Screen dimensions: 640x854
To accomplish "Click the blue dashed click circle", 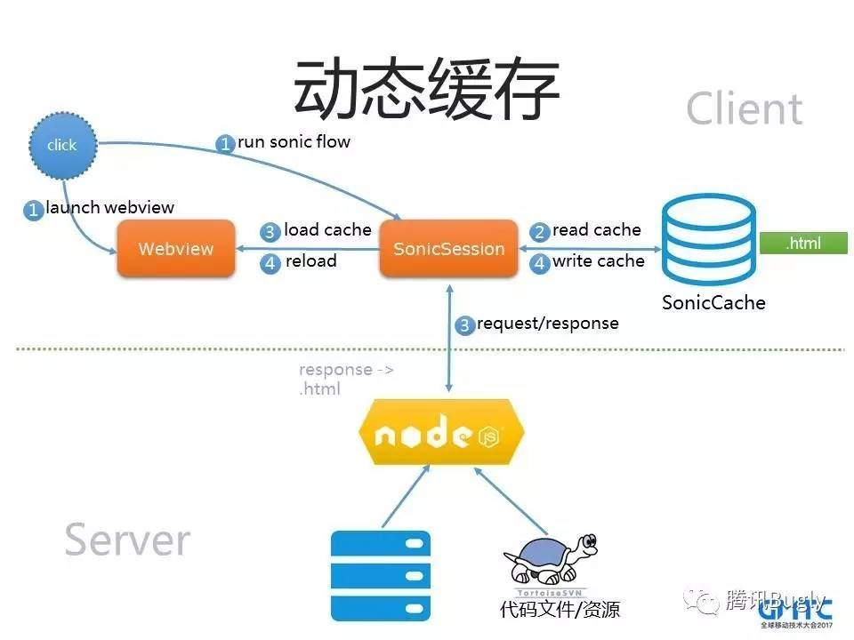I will click(x=61, y=144).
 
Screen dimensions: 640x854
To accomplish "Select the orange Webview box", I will click(x=176, y=249).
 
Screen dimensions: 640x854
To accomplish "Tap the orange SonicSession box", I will click(x=448, y=249).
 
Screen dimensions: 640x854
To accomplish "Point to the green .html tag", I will click(x=803, y=244).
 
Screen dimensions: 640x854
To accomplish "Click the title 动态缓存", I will click(x=426, y=91).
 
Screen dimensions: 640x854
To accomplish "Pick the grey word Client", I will click(x=744, y=109).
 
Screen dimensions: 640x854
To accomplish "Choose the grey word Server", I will click(x=127, y=540).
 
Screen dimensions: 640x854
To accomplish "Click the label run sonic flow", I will click(x=294, y=141).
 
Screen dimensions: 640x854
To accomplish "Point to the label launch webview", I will click(x=109, y=208).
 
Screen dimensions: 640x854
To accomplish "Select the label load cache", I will click(x=327, y=230).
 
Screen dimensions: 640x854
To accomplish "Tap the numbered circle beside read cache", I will click(x=539, y=232).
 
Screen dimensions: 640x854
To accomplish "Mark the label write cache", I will click(x=598, y=261).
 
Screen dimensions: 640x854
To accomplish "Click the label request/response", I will click(x=547, y=324).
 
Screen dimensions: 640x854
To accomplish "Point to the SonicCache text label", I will click(x=713, y=302).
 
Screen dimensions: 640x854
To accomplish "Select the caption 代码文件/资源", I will click(x=560, y=610).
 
